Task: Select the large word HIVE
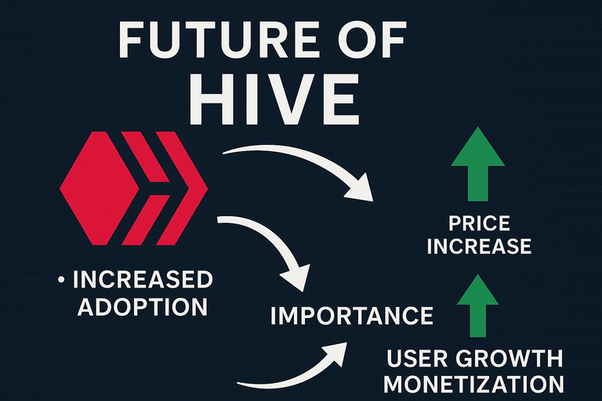coord(274,99)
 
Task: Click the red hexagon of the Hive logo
coord(100,188)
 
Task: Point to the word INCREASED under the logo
coord(143,280)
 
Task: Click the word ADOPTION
coord(143,306)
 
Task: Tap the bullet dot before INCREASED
coord(61,280)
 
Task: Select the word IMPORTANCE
coord(352,316)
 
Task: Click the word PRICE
coord(479,223)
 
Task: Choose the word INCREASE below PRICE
coord(479,246)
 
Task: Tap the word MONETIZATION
coord(473,384)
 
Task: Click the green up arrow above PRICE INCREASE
coord(477,164)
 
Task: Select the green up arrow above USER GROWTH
coord(477,305)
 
